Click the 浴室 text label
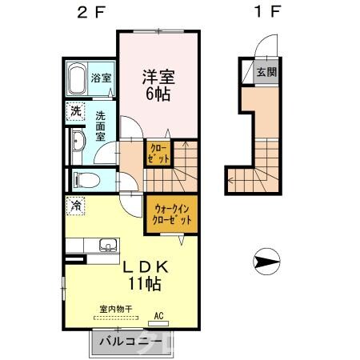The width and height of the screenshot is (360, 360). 102,79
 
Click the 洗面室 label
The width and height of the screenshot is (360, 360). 102,125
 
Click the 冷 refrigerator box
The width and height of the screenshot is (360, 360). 75,206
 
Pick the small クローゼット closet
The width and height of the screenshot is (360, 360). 157,153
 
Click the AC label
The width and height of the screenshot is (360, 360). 158,316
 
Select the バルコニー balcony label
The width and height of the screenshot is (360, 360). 130,344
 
